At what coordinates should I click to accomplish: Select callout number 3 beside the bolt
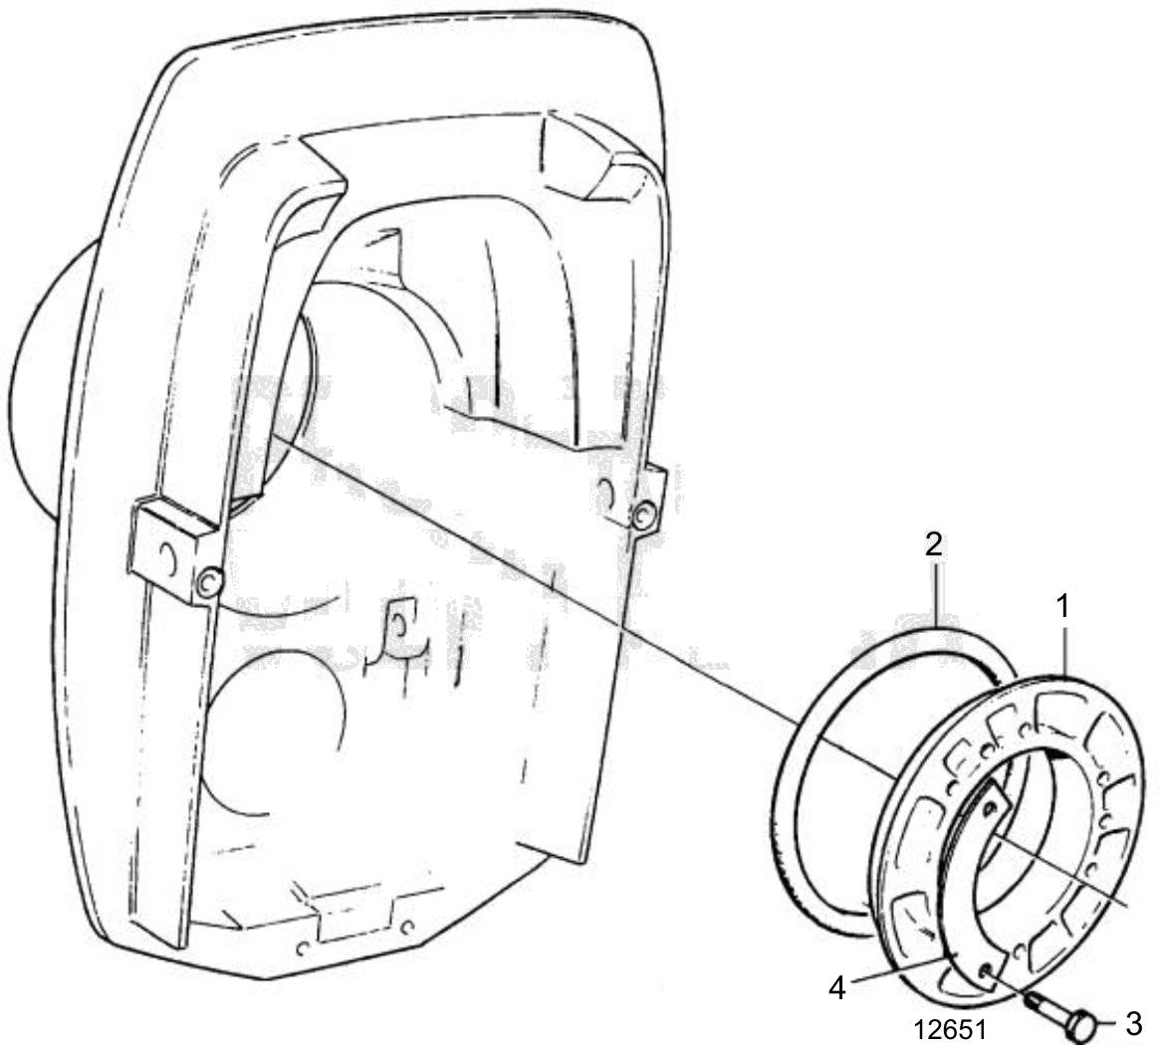point(1134,1023)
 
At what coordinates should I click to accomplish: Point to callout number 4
point(837,988)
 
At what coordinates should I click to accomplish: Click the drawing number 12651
point(950,1030)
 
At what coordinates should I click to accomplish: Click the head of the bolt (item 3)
point(1081,1026)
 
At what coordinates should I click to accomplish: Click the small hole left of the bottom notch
point(302,948)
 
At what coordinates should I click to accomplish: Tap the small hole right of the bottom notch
point(405,929)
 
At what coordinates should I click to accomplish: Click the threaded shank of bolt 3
point(1047,1008)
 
